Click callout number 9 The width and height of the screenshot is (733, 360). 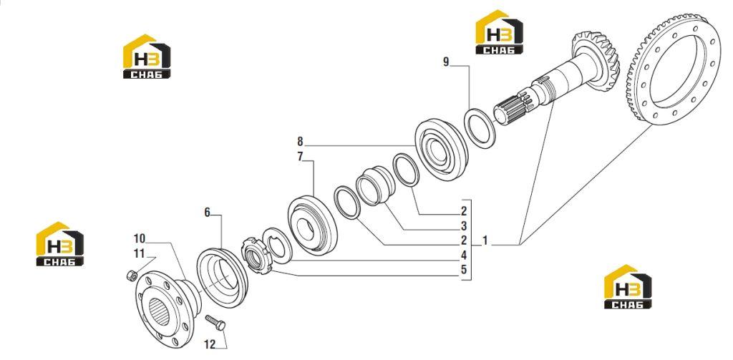tap(446, 62)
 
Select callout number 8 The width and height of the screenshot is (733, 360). tap(300, 141)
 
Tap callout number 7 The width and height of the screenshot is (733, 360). tap(300, 157)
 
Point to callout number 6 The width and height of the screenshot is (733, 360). tap(207, 213)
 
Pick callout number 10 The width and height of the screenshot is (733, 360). tap(140, 238)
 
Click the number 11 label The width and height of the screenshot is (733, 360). tap(140, 254)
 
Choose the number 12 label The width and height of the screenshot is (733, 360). tap(210, 344)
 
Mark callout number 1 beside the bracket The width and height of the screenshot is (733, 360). tap(485, 240)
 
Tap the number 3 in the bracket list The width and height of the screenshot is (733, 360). tap(464, 226)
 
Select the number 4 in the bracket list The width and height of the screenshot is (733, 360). tap(464, 256)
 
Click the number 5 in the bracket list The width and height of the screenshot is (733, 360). tap(464, 270)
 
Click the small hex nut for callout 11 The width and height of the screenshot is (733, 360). tap(132, 276)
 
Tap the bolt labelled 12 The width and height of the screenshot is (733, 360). tap(215, 322)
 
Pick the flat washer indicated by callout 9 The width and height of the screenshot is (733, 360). tap(480, 128)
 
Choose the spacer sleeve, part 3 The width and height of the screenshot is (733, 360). tap(376, 185)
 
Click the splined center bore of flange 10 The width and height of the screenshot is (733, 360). tap(159, 312)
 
